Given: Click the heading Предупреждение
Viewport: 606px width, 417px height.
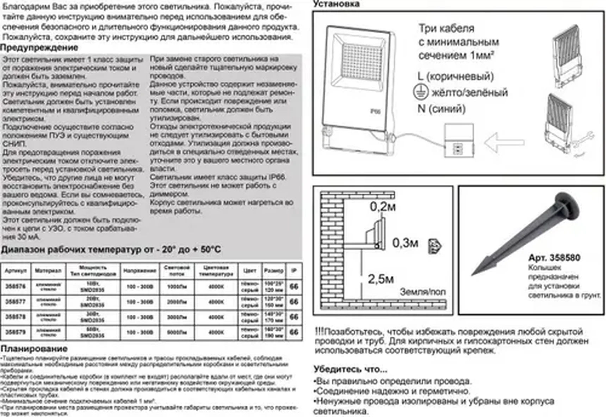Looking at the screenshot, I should (39, 48).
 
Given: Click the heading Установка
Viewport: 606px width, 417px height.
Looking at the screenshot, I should (336, 4).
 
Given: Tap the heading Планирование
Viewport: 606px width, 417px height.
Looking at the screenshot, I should (34, 349).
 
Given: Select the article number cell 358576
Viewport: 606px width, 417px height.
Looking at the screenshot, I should (16, 287).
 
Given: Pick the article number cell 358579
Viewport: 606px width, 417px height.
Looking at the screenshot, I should (16, 332).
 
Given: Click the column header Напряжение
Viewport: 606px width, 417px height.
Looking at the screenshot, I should (140, 271).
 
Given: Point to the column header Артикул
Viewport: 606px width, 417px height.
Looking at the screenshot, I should (16, 271).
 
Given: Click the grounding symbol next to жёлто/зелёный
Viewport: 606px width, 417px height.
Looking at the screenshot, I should (421, 92).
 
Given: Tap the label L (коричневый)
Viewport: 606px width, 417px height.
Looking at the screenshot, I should (456, 76).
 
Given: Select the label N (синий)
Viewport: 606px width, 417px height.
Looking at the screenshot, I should (441, 109).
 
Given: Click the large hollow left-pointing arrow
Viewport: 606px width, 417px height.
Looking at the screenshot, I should (504, 142).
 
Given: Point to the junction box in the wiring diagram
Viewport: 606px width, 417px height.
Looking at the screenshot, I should (459, 140).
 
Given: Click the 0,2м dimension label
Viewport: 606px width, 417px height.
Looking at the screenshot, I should (383, 207).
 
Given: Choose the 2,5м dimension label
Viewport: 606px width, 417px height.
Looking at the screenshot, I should (381, 279).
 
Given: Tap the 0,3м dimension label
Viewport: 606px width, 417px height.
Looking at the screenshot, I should (405, 243).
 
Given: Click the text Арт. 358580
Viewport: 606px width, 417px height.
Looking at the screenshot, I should (554, 258).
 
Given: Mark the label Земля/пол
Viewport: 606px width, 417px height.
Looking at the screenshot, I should (422, 292).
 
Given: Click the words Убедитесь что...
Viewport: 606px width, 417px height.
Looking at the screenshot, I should (350, 369).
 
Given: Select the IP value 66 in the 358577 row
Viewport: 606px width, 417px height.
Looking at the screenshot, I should (294, 302).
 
